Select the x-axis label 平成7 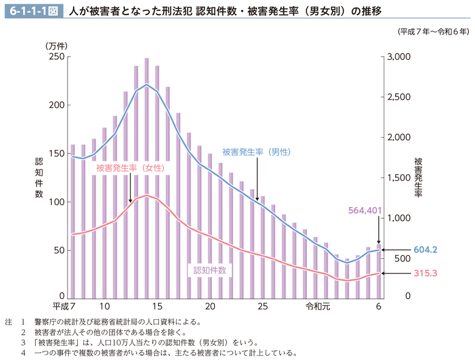63,306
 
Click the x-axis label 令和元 318,306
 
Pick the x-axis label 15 157,306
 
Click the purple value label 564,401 365,211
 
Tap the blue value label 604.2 426,250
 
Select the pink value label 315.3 426,274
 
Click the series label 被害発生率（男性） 256,152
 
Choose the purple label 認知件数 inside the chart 209,270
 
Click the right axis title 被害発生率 418,178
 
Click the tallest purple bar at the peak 147,177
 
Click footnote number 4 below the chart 23,353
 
